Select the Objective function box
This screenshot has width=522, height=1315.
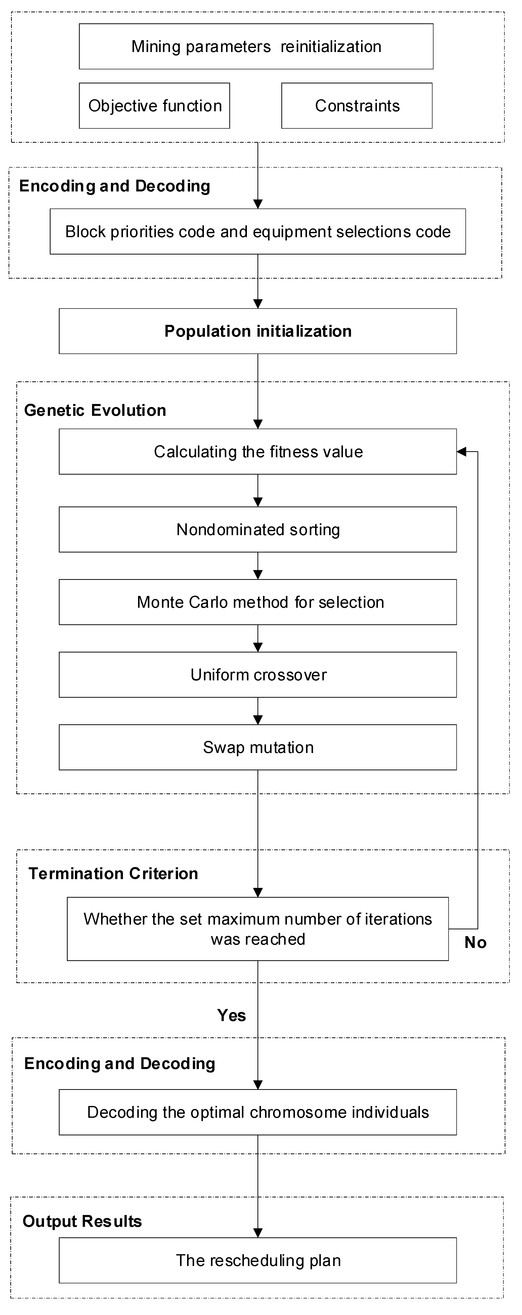[154, 106]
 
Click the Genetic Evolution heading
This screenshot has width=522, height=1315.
[95, 411]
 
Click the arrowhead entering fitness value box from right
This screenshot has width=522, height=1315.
[461, 452]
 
